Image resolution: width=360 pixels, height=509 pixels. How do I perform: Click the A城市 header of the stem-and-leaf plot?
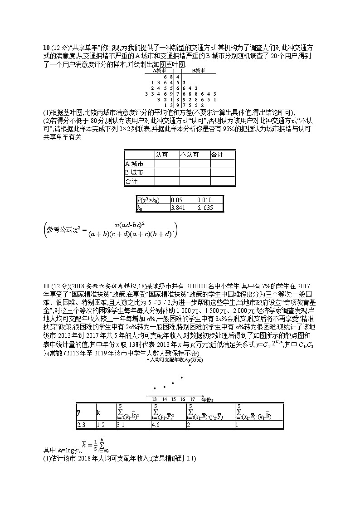pos(161,71)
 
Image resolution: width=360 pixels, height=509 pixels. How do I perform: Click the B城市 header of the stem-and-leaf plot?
pos(198,71)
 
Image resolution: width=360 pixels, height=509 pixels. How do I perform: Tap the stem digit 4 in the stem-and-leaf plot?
pos(178,77)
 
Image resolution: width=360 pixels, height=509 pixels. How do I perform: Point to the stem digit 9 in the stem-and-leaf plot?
pos(178,105)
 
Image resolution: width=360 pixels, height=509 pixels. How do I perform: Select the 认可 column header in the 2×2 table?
pos(161,155)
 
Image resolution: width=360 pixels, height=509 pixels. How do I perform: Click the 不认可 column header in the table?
pos(189,155)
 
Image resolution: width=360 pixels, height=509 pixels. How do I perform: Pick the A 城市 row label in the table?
pos(134,164)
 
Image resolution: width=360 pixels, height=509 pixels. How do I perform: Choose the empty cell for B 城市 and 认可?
pos(168,172)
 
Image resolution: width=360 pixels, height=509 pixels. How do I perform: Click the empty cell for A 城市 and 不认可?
pos(196,164)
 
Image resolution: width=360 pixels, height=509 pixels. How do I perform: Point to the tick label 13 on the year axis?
pos(155,399)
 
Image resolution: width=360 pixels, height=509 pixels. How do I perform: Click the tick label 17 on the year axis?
pos(192,399)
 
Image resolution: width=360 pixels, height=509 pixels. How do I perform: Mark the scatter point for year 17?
pos(190,365)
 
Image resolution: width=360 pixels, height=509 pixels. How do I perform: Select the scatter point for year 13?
pos(155,388)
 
